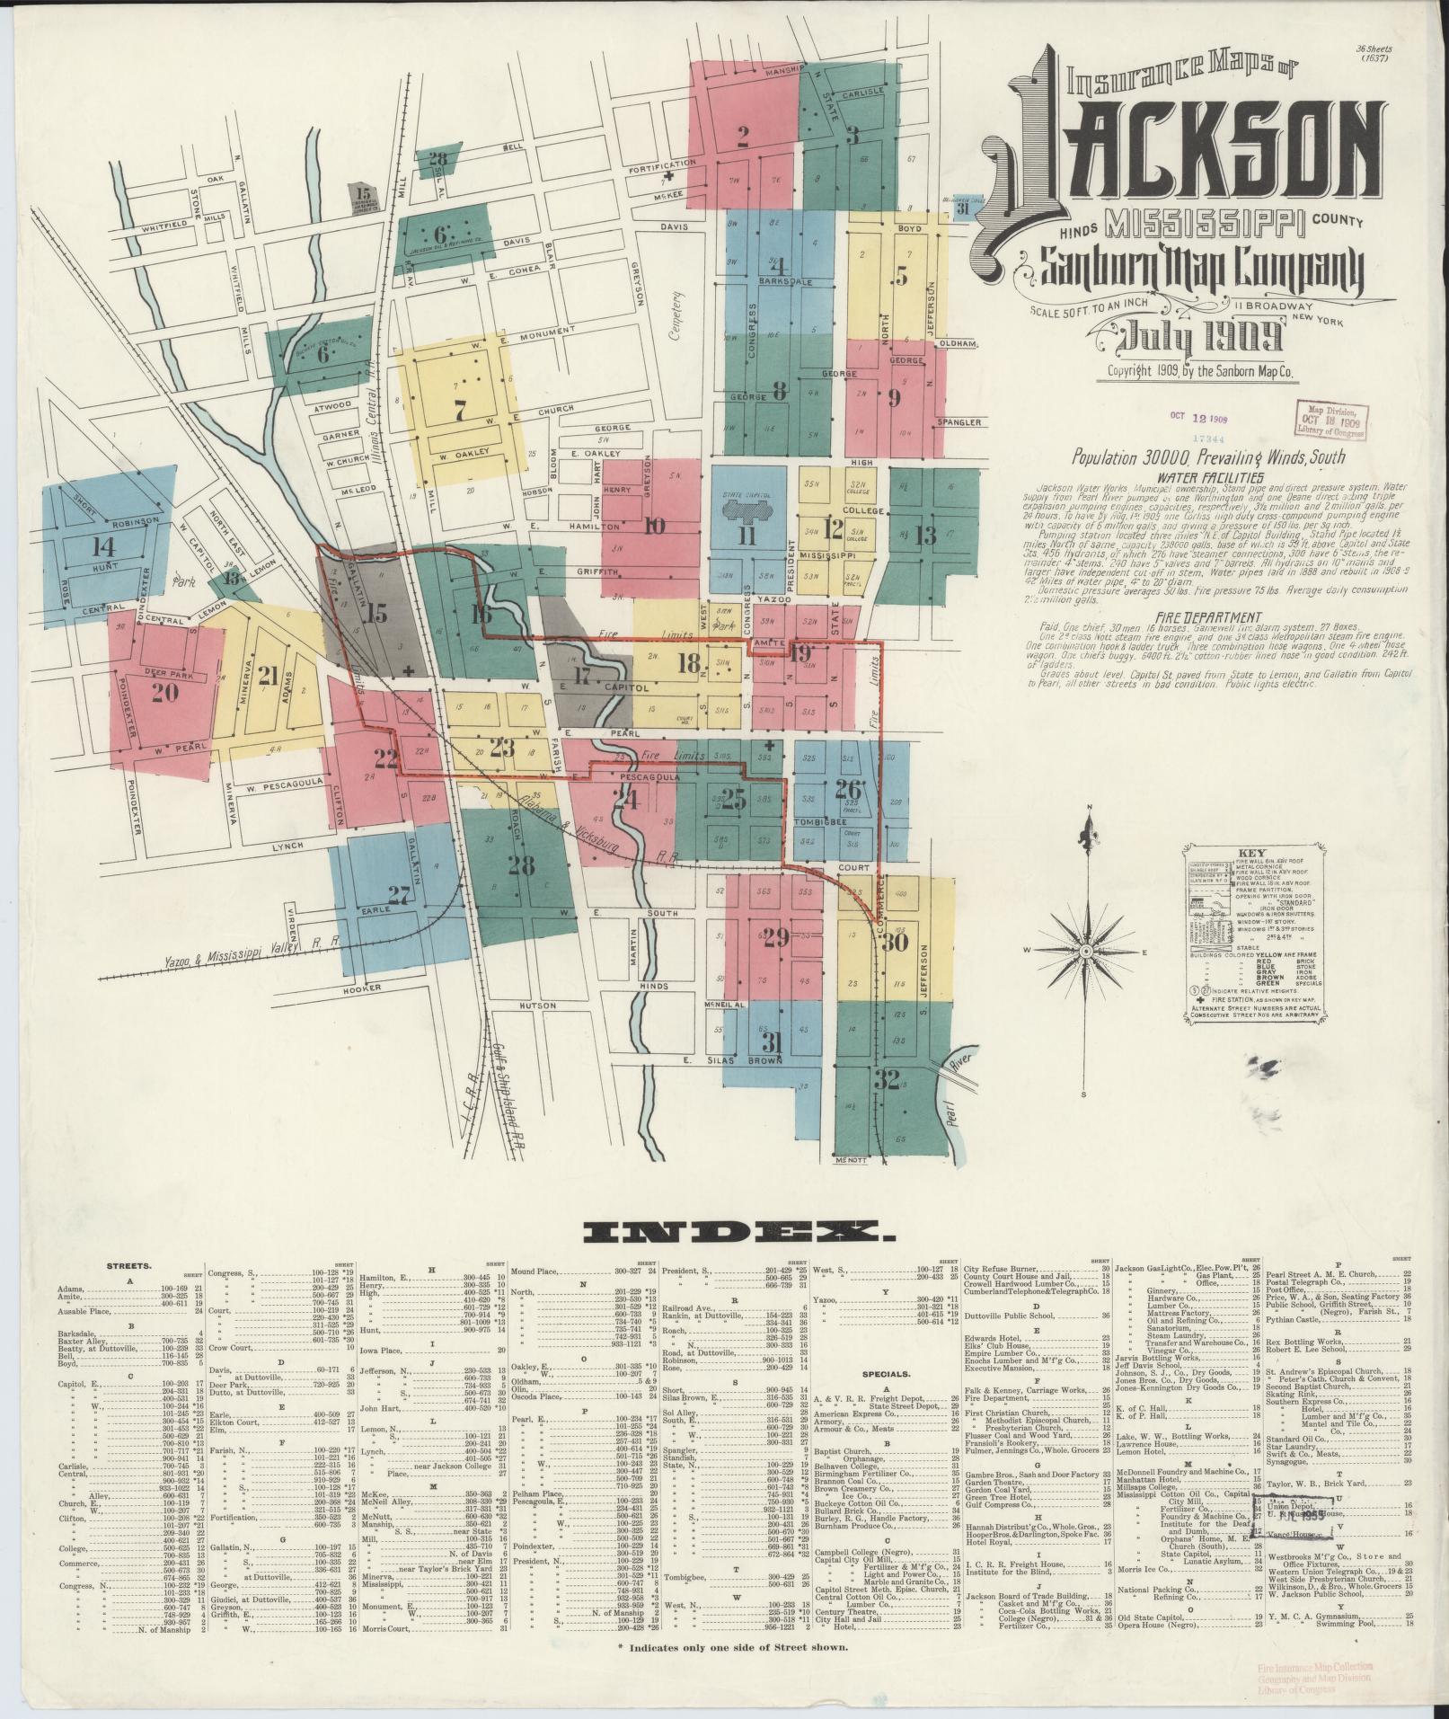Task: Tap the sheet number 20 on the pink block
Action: [165, 692]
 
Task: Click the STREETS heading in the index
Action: [131, 1265]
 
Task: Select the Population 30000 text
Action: [1159, 457]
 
